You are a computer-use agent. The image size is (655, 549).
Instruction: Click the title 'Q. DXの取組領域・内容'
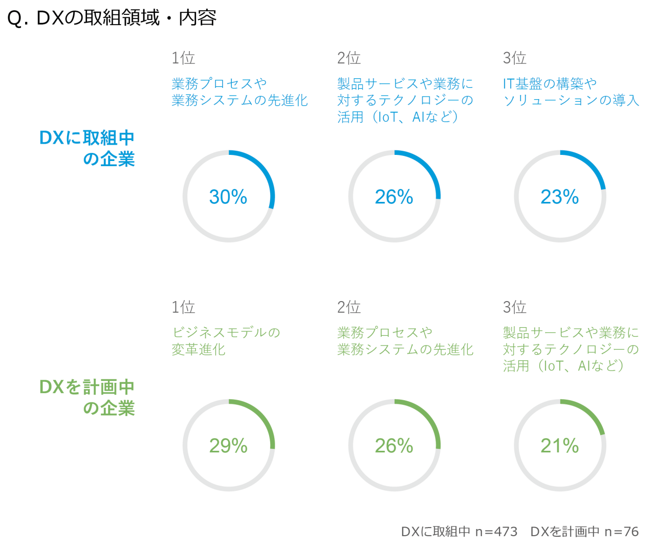point(112,18)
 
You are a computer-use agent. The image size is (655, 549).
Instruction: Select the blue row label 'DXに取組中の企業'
point(87,148)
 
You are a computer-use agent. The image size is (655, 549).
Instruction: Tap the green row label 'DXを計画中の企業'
point(87,397)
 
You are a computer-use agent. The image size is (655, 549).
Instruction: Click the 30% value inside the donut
point(228,197)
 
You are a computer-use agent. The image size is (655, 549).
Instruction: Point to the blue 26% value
point(394,197)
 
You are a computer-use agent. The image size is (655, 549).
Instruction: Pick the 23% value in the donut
point(560,197)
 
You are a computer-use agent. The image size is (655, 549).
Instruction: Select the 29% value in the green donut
point(228,446)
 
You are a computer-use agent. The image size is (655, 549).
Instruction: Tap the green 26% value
point(394,446)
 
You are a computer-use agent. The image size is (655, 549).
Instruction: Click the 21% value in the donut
point(560,446)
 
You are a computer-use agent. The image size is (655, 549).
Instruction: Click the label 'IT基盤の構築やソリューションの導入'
point(571,91)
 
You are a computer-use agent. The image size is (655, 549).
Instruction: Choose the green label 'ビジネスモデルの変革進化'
point(226,341)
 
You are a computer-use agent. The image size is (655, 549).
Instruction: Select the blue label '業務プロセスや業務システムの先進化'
point(239,91)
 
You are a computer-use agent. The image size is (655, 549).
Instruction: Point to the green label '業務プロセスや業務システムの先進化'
point(405,341)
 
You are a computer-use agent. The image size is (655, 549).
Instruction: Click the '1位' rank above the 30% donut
point(183,58)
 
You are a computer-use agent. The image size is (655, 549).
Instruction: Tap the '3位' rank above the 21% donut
point(515,307)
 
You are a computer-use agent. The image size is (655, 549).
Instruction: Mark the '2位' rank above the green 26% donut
point(349,307)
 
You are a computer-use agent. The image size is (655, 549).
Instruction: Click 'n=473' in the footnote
point(496,532)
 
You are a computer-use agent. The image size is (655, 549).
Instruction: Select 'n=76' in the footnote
point(621,532)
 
